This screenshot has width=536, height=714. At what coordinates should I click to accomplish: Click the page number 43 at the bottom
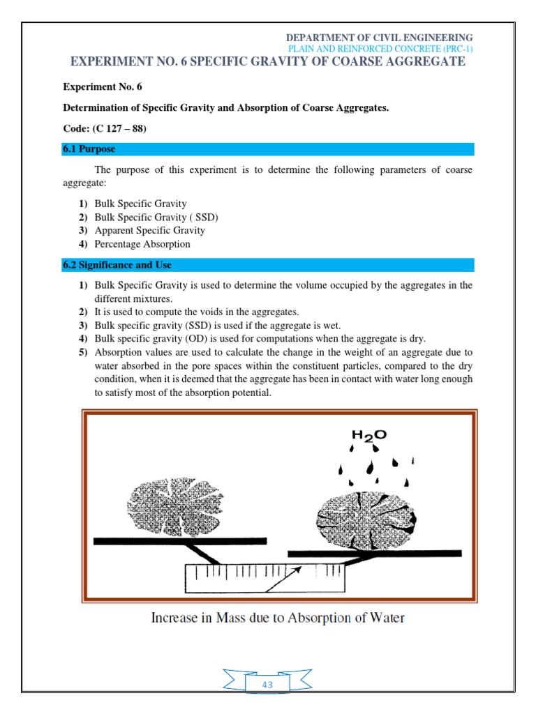(x=267, y=685)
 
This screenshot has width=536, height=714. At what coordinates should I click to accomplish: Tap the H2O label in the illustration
(x=368, y=436)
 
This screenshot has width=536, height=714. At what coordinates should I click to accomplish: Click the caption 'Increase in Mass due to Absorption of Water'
(x=278, y=618)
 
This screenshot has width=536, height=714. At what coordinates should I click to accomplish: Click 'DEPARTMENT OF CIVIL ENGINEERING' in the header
(x=380, y=37)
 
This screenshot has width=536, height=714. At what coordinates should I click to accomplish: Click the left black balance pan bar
(x=179, y=540)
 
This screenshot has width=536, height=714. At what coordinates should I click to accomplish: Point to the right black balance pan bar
(x=374, y=554)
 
